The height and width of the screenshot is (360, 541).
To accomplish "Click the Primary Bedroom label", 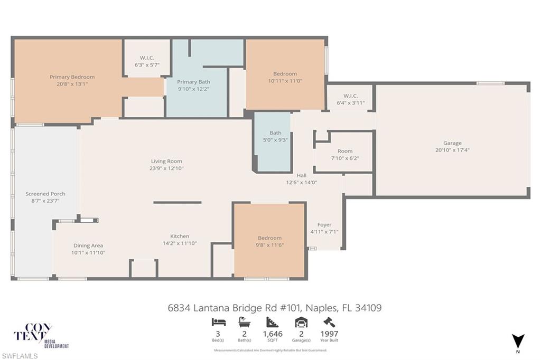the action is coord(72,77).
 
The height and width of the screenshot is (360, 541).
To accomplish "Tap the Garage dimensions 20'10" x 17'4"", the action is coord(452,150).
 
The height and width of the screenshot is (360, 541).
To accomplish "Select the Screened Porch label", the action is coord(45,194).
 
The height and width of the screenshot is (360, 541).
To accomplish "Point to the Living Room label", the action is coord(166,161).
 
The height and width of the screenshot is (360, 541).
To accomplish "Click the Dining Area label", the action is coord(88,245).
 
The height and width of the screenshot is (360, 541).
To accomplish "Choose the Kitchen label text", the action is coord(180,236).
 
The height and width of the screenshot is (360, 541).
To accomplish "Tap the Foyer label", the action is coord(324,225).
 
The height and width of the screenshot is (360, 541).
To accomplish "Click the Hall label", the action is coord(302,176).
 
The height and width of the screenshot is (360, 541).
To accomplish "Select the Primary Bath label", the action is coord(193,82).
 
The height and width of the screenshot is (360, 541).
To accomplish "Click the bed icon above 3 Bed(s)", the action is coord(219,322).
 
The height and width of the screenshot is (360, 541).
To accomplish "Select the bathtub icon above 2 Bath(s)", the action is coord(244,322).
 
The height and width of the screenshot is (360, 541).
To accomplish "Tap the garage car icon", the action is coord(301,322).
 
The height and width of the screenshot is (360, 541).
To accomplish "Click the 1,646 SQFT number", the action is coord(273,334).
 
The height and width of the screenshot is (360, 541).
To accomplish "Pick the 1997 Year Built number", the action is coord(329,334).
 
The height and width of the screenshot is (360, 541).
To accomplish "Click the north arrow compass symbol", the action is coord(518,340).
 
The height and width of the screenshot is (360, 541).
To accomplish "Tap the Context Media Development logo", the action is coord(41,336).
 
